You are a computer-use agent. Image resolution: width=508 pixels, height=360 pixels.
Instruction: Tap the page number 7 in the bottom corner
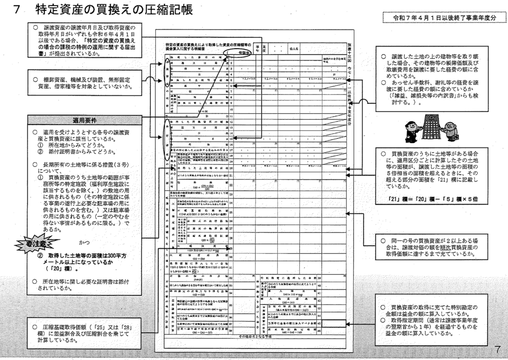coord(498,349)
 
